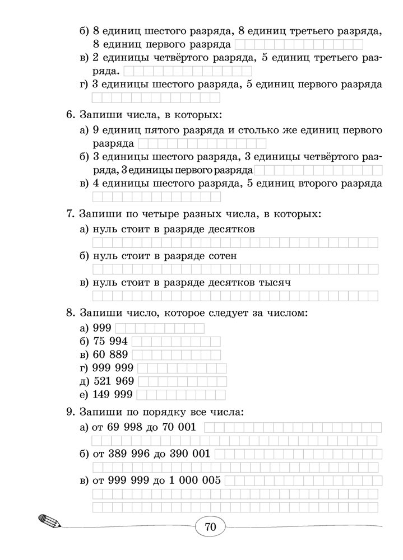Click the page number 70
pyautogui.click(x=210, y=526)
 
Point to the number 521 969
pyautogui.click(x=115, y=381)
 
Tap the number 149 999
pyautogui.click(x=115, y=395)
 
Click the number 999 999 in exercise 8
pyautogui.click(x=115, y=368)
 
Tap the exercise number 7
pyautogui.click(x=70, y=214)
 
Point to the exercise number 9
pyautogui.click(x=70, y=412)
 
